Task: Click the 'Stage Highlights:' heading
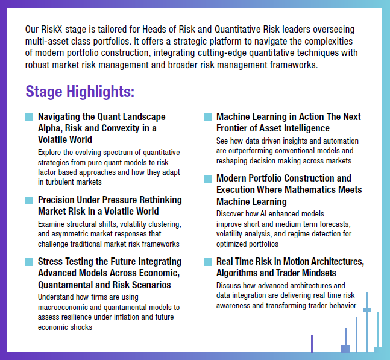80,92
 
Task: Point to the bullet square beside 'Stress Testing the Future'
29,262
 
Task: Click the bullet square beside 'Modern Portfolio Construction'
207,179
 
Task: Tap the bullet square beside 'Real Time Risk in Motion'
207,262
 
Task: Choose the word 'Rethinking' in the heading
159,200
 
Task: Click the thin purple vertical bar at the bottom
312,344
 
